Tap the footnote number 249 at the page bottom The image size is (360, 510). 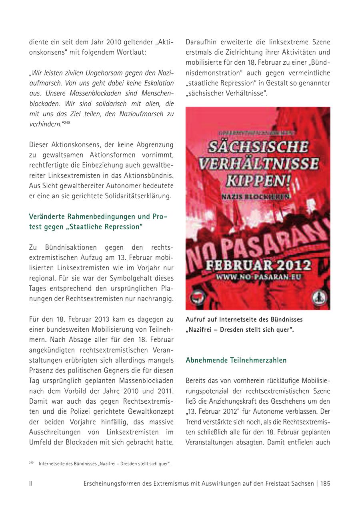[31, 462]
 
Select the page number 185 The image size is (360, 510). [325, 483]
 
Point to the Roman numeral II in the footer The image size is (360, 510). [31, 483]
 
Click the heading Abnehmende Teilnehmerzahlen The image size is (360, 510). [236, 360]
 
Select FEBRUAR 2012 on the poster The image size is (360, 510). [258, 265]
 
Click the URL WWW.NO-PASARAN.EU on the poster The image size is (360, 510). [258, 277]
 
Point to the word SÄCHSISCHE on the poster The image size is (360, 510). [258, 146]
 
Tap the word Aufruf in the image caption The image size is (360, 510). [196, 319]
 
